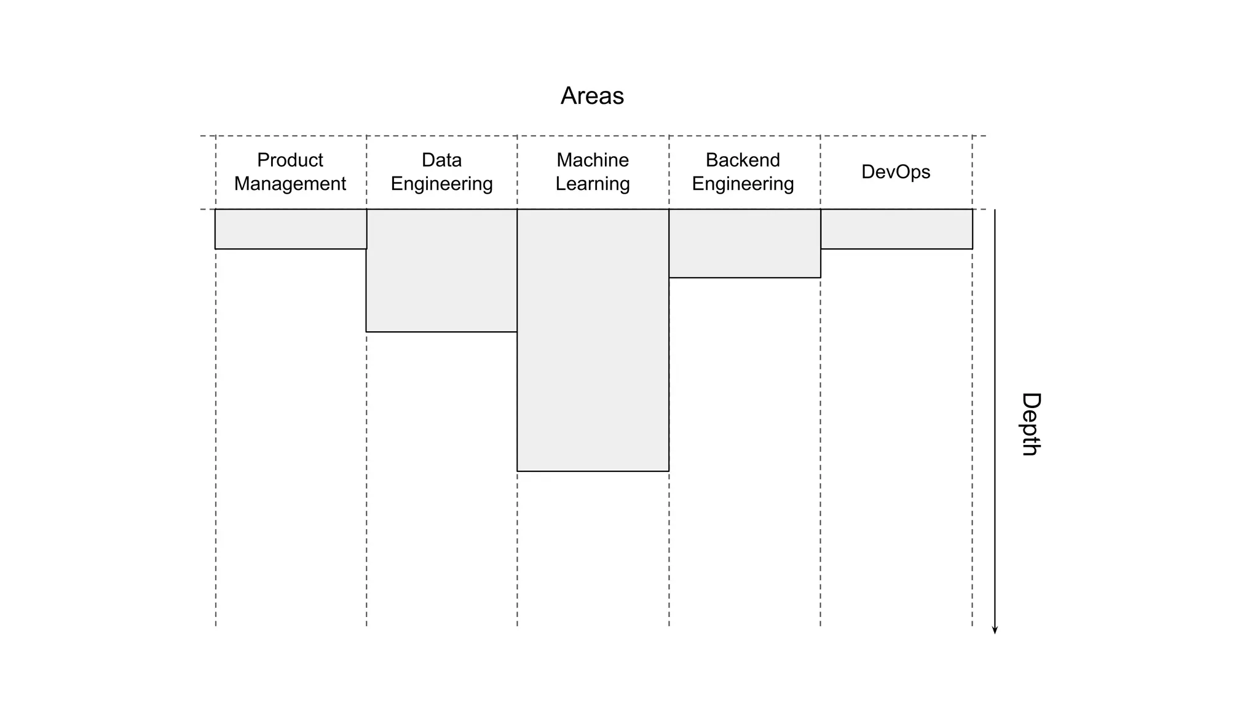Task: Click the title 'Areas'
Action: (592, 96)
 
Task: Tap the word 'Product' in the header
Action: (290, 160)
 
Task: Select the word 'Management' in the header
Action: (290, 184)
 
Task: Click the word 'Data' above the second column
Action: (441, 160)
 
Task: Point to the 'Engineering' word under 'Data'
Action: (441, 184)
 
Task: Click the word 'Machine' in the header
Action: (593, 160)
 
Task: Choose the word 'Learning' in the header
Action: (593, 184)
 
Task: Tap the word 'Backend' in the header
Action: (743, 160)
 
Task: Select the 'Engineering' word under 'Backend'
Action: (743, 184)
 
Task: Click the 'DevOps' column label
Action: (895, 171)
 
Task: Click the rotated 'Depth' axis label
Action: (1030, 424)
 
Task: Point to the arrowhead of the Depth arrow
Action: (995, 630)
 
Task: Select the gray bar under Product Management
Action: (291, 229)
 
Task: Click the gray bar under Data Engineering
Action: (441, 270)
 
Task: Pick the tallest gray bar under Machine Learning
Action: (593, 340)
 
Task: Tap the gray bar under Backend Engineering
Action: (744, 243)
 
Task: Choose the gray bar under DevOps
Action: (896, 229)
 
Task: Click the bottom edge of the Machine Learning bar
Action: (593, 471)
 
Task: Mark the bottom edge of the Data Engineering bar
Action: (441, 332)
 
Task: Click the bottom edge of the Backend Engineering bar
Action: (744, 278)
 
